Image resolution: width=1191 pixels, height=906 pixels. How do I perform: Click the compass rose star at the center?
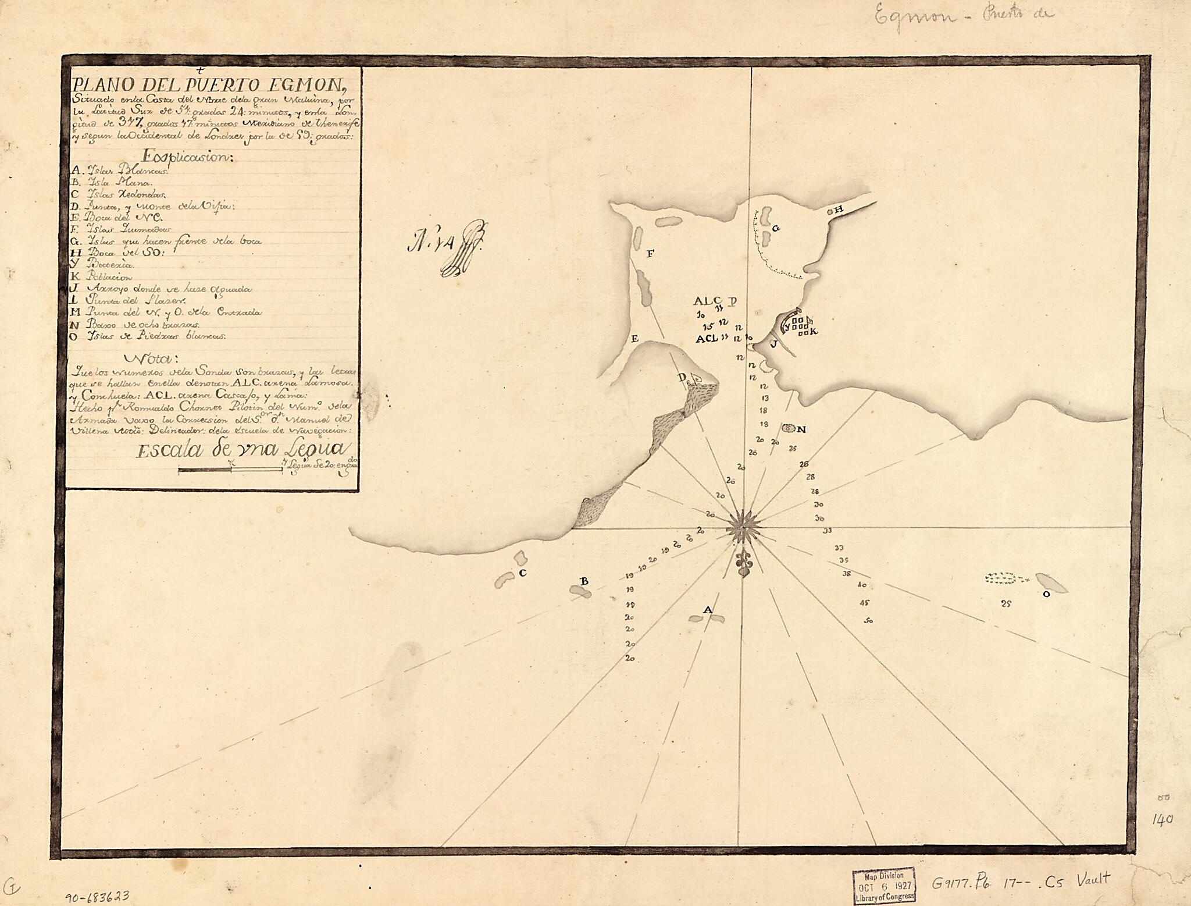(743, 528)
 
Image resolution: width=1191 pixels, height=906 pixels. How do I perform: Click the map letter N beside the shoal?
(801, 429)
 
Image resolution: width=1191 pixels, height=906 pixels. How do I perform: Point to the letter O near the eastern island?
(1046, 594)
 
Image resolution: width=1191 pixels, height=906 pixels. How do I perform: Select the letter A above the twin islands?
(707, 609)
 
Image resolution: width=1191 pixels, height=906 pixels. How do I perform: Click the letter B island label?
(584, 581)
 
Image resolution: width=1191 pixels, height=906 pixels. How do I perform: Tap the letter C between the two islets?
(522, 573)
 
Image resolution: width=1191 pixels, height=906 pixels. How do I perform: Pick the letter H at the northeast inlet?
(839, 210)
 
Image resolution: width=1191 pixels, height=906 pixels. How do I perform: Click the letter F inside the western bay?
(650, 253)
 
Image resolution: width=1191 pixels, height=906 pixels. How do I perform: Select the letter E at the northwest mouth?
(635, 339)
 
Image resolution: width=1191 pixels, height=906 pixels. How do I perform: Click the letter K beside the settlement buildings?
(814, 331)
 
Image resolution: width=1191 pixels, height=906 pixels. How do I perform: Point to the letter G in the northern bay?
(776, 228)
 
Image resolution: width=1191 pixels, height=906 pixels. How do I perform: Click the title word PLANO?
(102, 84)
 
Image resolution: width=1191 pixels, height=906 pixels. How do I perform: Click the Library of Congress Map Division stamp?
(884, 885)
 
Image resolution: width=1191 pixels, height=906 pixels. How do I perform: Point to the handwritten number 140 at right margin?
(1162, 819)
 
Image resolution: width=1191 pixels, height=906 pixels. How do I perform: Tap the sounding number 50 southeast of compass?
(868, 621)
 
